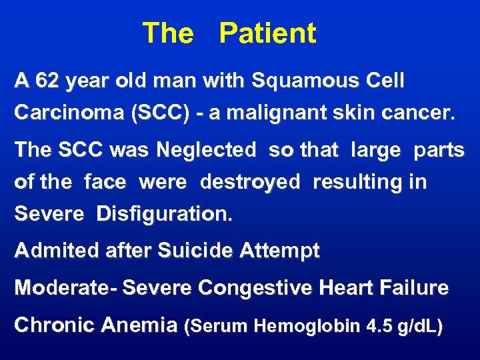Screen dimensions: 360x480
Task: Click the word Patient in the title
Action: [267, 33]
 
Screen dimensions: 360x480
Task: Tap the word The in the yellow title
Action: [167, 33]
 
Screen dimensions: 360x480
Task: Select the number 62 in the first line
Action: [47, 81]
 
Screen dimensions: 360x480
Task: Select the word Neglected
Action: [206, 150]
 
